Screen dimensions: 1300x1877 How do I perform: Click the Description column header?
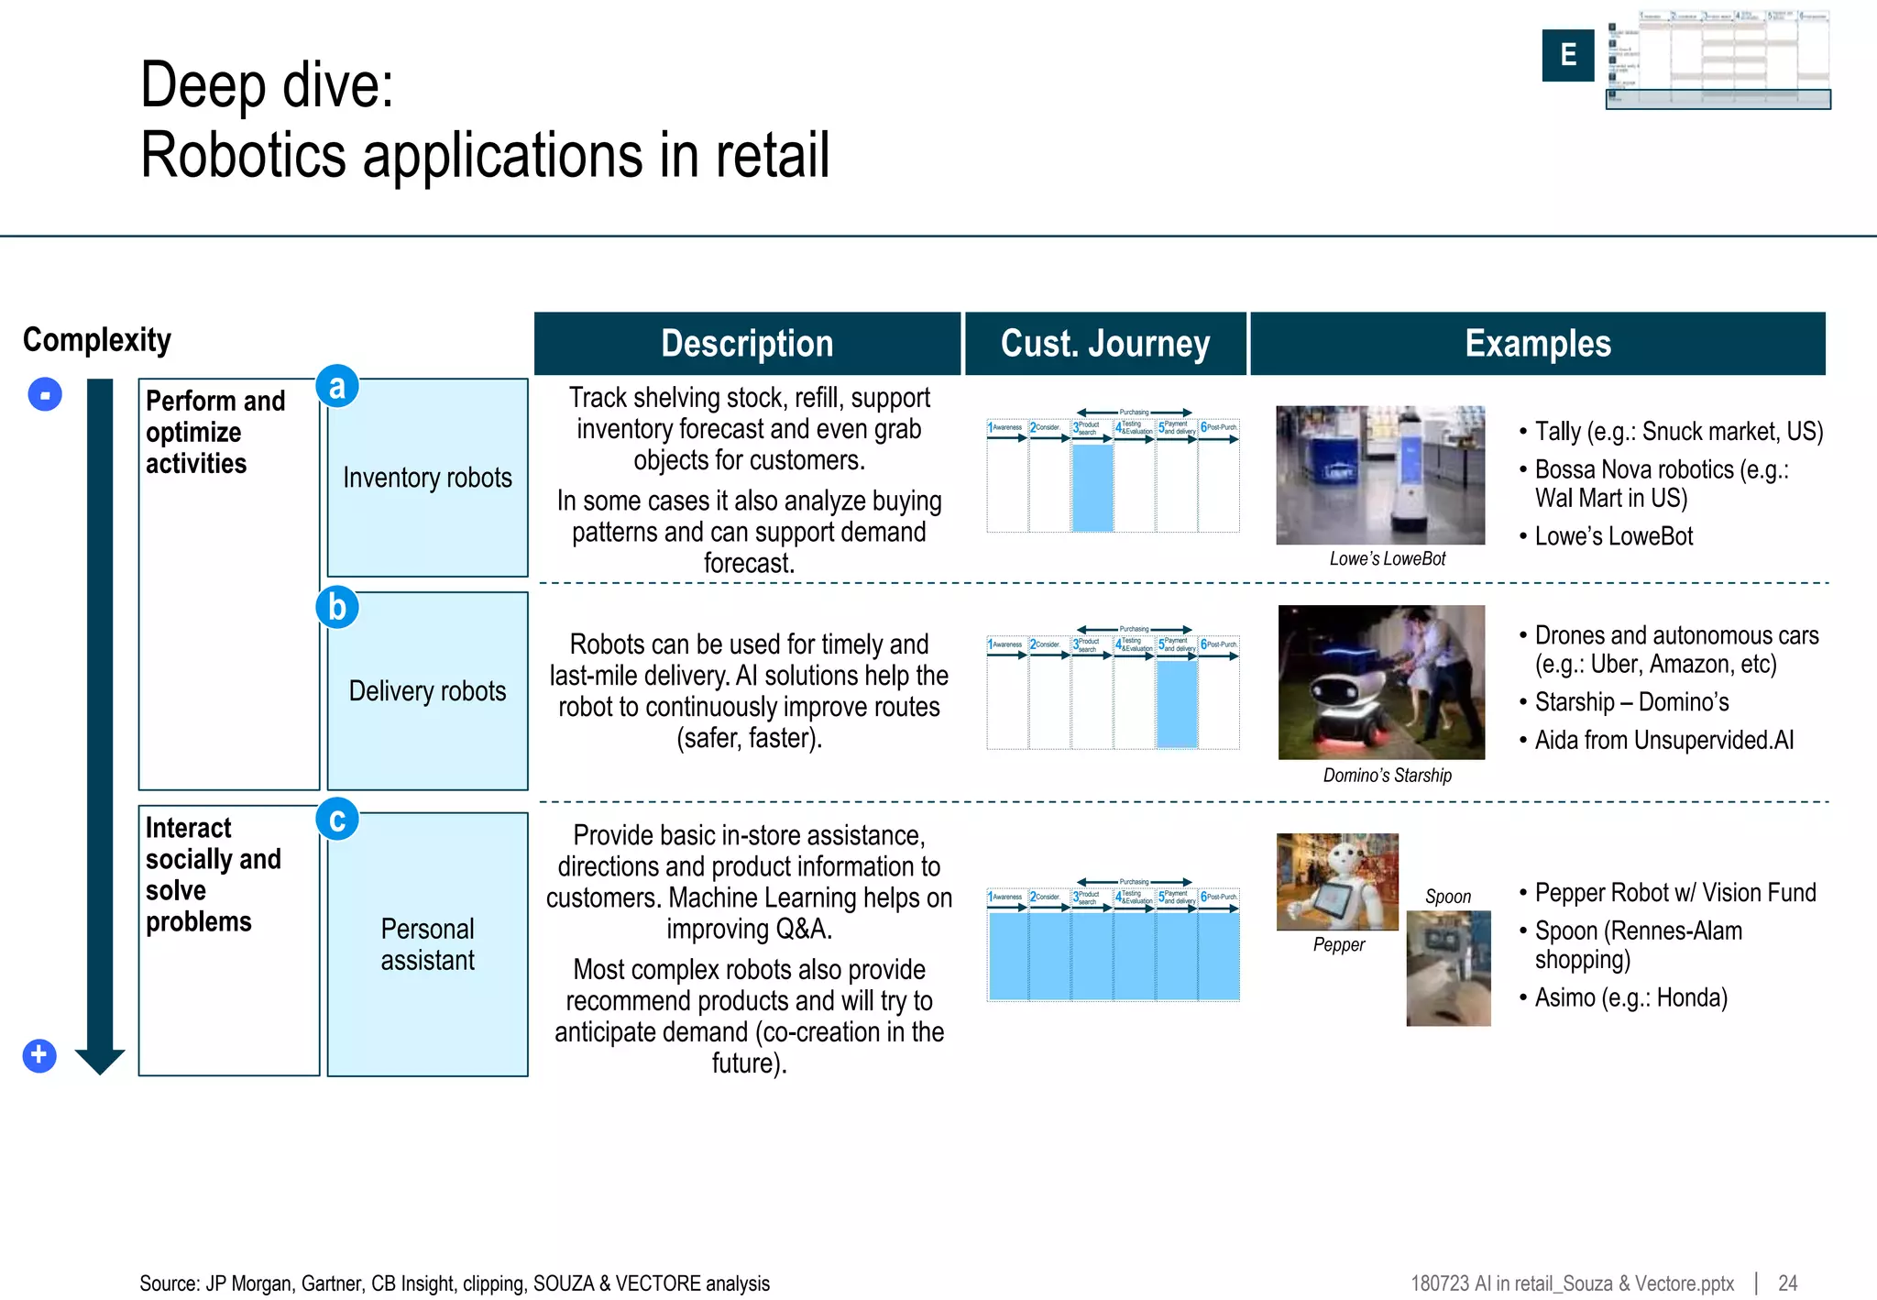(747, 344)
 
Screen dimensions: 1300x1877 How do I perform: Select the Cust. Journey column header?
(1105, 344)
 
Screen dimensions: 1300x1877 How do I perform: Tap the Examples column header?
(1537, 344)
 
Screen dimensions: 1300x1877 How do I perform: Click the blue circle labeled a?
(336, 386)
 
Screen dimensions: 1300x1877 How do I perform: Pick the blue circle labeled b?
(336, 607)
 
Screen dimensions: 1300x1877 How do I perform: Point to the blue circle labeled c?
(336, 819)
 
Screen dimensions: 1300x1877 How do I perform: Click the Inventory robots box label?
(427, 478)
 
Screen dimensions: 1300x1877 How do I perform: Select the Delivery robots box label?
(427, 690)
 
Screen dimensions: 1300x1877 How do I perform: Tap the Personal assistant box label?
(427, 944)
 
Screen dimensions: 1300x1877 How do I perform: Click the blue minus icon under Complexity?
(45, 395)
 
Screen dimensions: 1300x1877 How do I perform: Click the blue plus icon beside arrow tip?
(38, 1055)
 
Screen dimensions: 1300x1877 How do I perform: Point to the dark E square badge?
(1567, 55)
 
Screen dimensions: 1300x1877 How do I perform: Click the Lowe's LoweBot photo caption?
(1387, 559)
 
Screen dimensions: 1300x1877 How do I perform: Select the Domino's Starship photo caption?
(1387, 776)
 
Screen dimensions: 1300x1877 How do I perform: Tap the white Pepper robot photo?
(1337, 881)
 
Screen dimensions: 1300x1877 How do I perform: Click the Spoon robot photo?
(1448, 967)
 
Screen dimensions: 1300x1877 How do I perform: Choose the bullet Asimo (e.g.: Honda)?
(1630, 997)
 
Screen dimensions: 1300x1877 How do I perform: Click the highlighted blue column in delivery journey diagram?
(1177, 704)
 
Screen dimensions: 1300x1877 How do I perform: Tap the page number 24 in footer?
(1787, 1283)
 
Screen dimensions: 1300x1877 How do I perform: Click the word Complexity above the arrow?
(97, 340)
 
